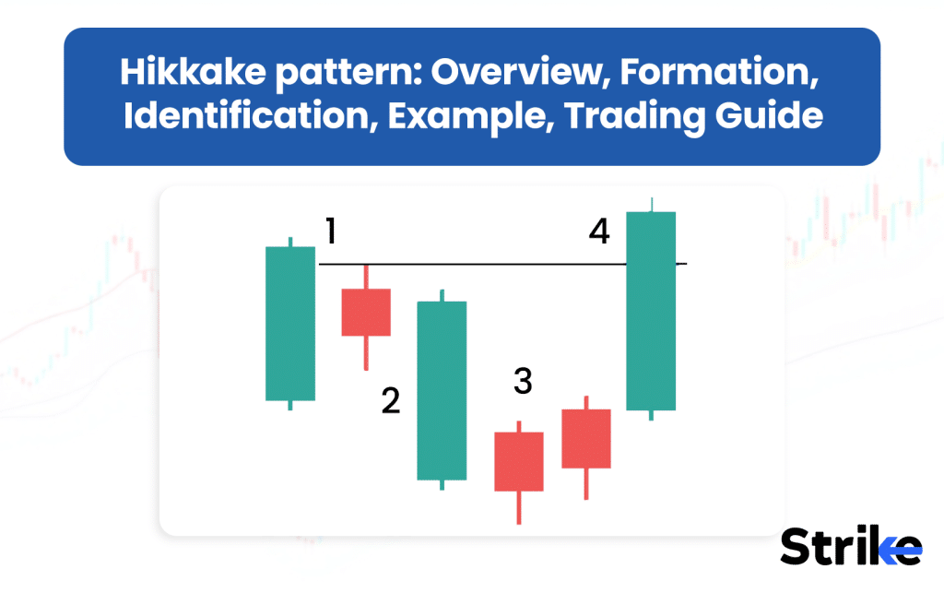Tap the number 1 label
click(330, 231)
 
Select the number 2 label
click(391, 401)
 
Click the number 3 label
click(523, 381)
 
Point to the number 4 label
click(599, 231)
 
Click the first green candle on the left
click(290, 323)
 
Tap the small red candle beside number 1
click(366, 312)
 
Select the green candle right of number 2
click(442, 390)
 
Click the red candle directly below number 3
click(519, 461)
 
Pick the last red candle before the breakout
click(586, 438)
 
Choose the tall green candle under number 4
click(651, 311)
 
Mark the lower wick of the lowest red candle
click(519, 508)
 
